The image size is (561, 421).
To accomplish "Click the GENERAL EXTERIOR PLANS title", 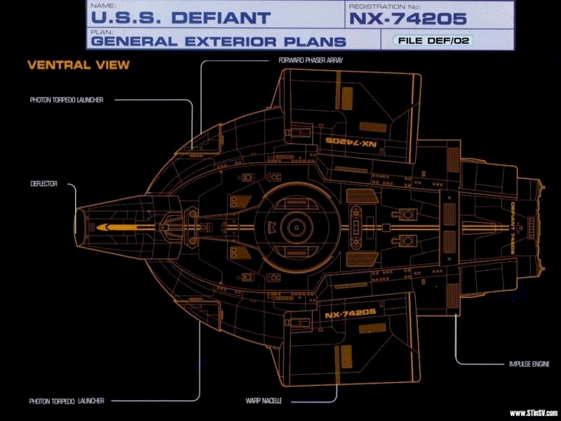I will (218, 41).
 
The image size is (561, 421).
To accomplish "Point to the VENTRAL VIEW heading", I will (69, 65).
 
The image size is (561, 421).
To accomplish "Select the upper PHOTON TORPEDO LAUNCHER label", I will (67, 100).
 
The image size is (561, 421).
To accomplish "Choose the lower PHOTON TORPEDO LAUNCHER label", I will (67, 401).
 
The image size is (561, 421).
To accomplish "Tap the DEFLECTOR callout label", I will (43, 185).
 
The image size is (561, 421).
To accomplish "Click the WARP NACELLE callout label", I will (263, 401).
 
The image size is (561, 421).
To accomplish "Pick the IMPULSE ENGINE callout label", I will (529, 364).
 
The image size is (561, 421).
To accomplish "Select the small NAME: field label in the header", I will (100, 4).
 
